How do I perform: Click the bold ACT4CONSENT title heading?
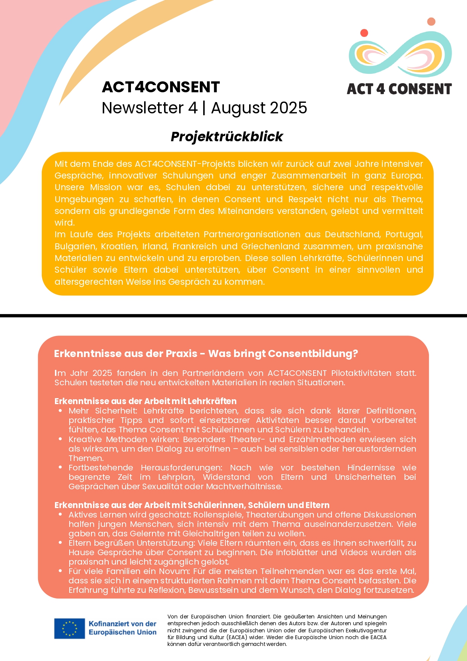pyautogui.click(x=161, y=87)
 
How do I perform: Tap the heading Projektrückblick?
pyautogui.click(x=227, y=137)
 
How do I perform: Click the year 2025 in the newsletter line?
pyautogui.click(x=288, y=108)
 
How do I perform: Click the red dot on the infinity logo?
pyautogui.click(x=364, y=33)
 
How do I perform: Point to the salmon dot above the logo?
pyautogui.click(x=431, y=21)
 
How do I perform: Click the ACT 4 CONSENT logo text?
pyautogui.click(x=399, y=89)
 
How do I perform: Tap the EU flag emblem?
pyautogui.click(x=69, y=628)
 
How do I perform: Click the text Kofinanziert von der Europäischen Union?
pyautogui.click(x=122, y=628)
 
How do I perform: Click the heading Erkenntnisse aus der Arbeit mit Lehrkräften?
pyautogui.click(x=145, y=401)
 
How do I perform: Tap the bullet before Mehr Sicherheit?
pyautogui.click(x=60, y=411)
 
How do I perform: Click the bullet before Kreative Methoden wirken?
pyautogui.click(x=60, y=439)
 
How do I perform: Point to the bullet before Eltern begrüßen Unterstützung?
pyautogui.click(x=60, y=543)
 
